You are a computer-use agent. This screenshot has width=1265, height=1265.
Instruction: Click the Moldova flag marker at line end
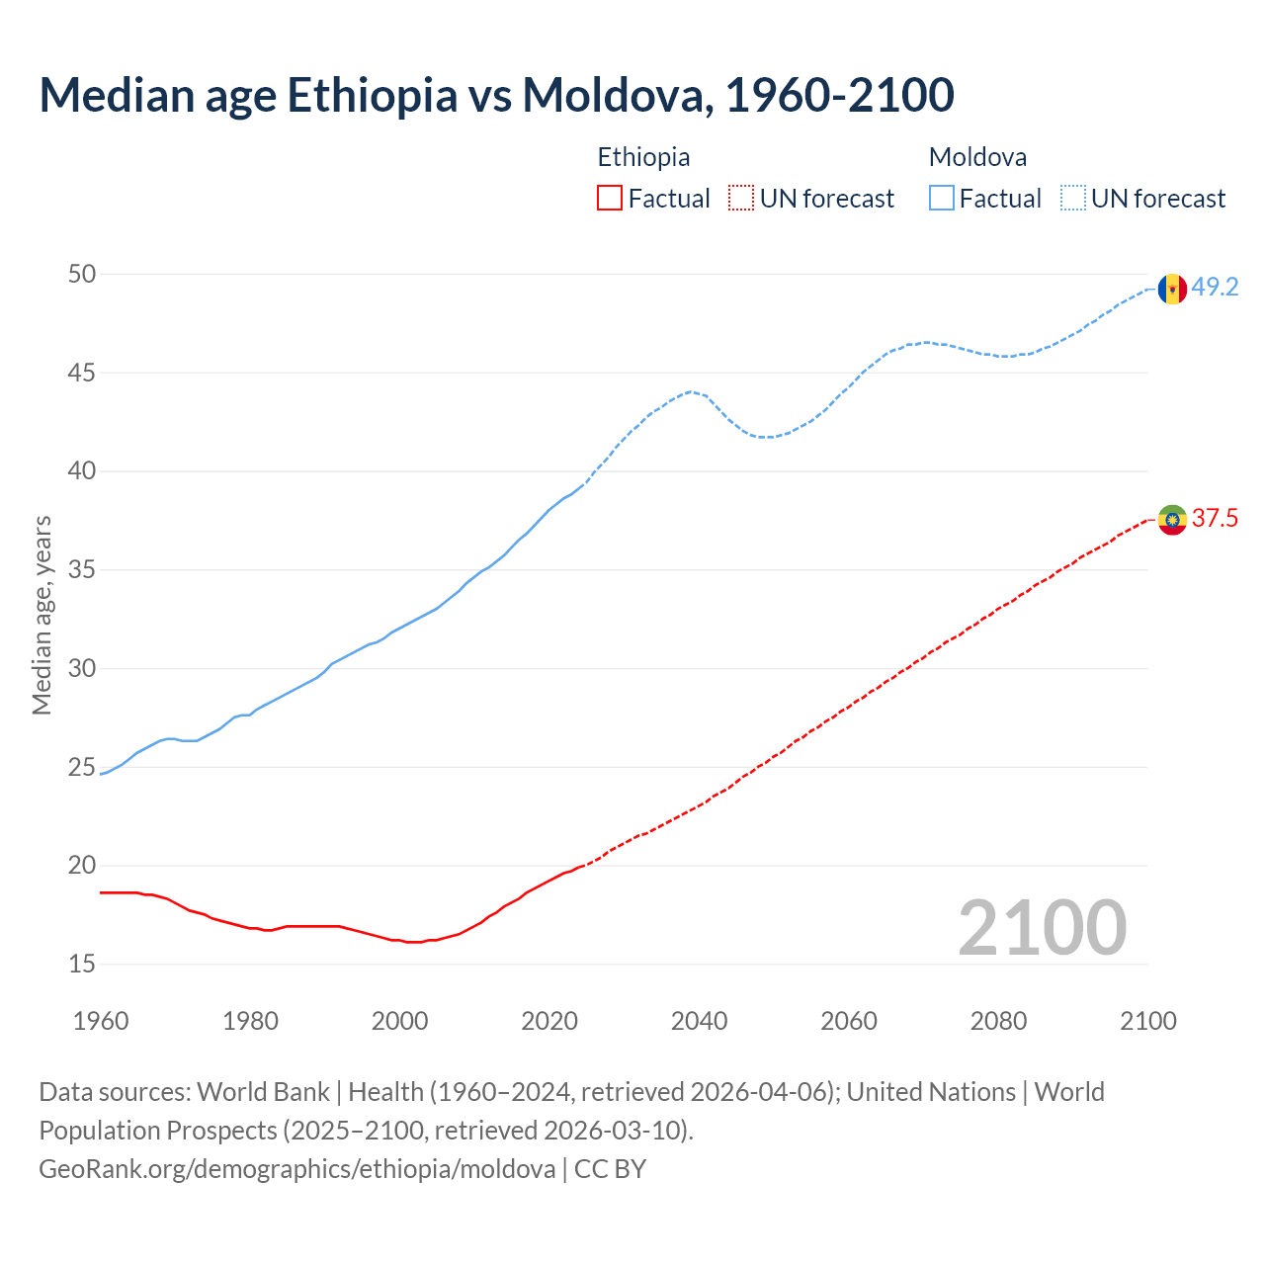1172,289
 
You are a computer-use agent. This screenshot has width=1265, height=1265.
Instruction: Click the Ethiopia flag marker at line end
1172,520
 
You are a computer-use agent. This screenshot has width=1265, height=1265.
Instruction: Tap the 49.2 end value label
1215,288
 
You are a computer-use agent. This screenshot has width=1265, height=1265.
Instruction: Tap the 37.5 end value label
1215,519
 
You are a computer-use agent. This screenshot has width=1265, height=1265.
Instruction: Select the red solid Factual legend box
610,199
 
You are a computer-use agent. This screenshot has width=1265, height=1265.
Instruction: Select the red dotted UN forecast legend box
741,199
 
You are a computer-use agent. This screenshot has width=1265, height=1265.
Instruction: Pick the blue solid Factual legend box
942,199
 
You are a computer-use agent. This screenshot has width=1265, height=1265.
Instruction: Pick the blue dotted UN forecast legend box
1073,199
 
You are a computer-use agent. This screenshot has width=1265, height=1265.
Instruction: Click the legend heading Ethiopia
643,157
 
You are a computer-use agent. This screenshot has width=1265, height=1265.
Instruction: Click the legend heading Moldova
977,157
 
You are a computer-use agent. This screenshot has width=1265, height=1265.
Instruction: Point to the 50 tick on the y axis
82,274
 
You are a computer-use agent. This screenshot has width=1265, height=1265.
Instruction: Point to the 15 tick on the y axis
82,964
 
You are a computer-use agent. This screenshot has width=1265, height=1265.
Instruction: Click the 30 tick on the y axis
82,669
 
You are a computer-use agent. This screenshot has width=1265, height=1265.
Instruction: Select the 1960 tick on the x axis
101,1021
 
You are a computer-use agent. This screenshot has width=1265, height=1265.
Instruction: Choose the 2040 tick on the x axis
699,1021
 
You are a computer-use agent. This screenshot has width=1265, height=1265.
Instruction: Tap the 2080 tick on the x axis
998,1021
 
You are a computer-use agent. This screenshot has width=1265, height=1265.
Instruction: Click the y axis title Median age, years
42,615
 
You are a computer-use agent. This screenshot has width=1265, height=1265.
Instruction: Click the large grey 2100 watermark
1042,927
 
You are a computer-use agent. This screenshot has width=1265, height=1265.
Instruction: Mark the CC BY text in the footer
610,1169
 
